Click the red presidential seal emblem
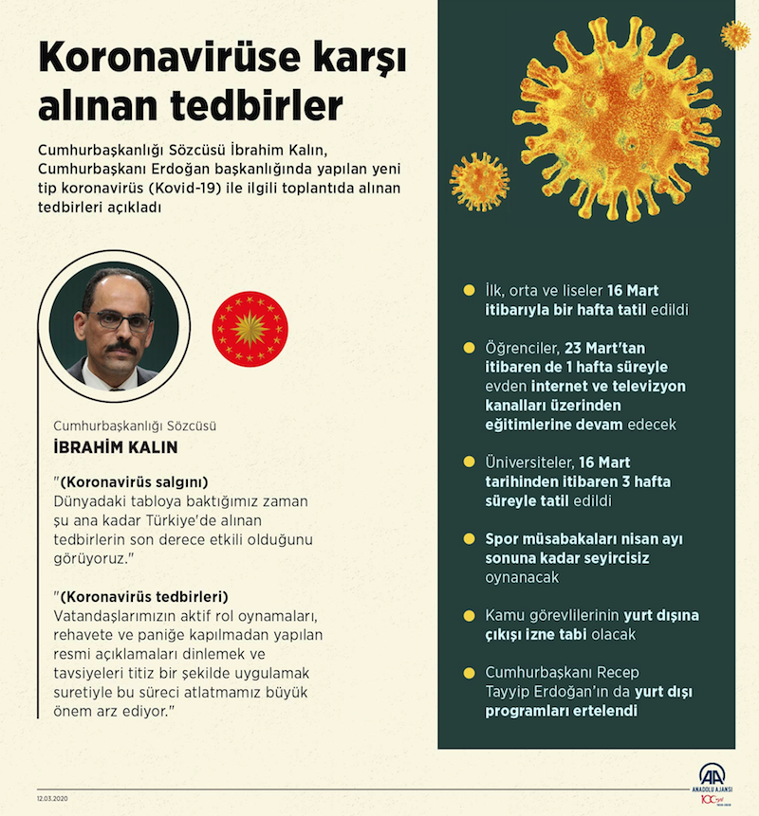click(x=250, y=329)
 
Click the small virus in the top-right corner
click(x=734, y=35)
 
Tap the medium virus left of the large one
click(x=479, y=181)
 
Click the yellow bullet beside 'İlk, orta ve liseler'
click(x=467, y=291)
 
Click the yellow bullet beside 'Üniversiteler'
click(x=467, y=462)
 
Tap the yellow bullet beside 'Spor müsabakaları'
click(x=467, y=538)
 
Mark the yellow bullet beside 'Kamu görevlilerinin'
click(x=467, y=615)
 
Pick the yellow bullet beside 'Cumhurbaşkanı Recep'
click(x=467, y=672)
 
